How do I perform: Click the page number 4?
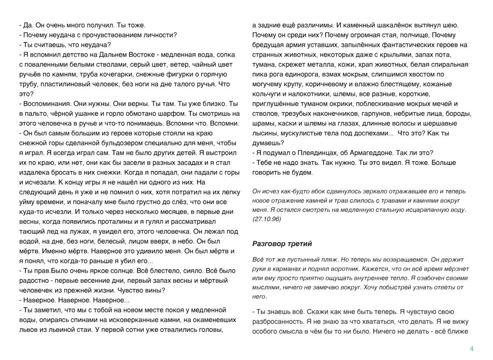click(x=472, y=349)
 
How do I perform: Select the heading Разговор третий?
click(x=282, y=244)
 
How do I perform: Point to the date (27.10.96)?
click(x=266, y=219)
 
